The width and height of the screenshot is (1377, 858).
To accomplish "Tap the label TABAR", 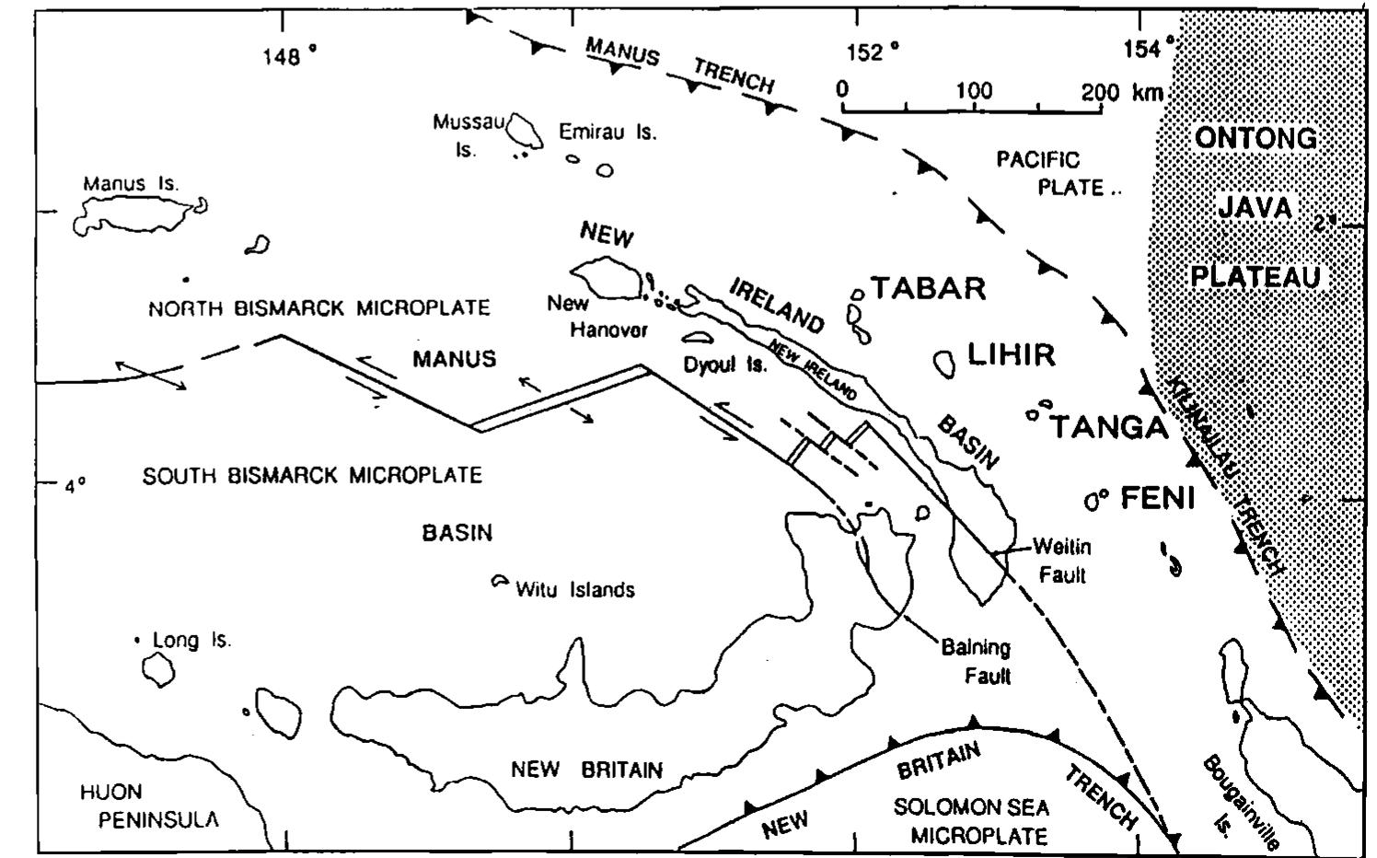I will (x=928, y=288).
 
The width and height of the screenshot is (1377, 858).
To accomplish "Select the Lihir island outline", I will (x=944, y=364).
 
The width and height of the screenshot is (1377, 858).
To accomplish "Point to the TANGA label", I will (x=1109, y=427).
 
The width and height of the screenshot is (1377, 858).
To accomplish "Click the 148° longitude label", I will (x=288, y=57).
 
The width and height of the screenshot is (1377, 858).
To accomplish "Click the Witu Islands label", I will (x=574, y=589).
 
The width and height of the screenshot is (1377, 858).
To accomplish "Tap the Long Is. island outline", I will (x=158, y=672).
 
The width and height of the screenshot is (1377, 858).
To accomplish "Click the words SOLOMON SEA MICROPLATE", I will (x=972, y=822).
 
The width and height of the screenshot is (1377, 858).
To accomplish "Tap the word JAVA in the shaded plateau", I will (x=1255, y=208).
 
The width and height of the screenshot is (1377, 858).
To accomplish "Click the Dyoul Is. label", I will (x=724, y=365).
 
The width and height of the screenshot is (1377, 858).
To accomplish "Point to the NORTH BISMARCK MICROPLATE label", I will (x=318, y=308).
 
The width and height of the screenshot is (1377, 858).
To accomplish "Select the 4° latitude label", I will (x=75, y=484).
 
